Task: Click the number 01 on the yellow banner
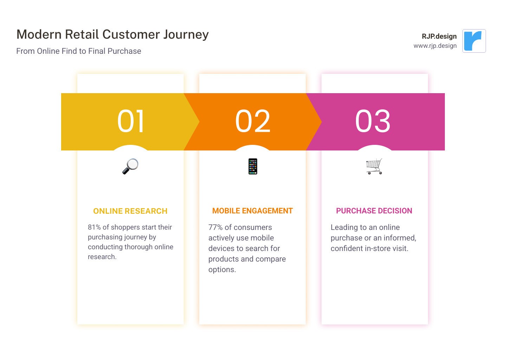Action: point(131,121)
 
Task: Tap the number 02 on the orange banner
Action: point(253,121)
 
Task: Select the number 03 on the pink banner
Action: point(373,121)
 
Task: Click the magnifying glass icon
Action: point(130,166)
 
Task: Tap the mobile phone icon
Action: point(253,166)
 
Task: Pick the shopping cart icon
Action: point(374,166)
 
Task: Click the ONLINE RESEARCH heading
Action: point(130,211)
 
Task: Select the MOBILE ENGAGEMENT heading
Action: point(252,211)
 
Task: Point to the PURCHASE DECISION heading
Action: point(374,211)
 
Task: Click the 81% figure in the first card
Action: point(94,227)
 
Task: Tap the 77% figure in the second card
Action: point(215,227)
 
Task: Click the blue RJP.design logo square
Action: point(474,41)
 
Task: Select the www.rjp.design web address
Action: point(435,46)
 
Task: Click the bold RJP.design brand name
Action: point(439,36)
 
